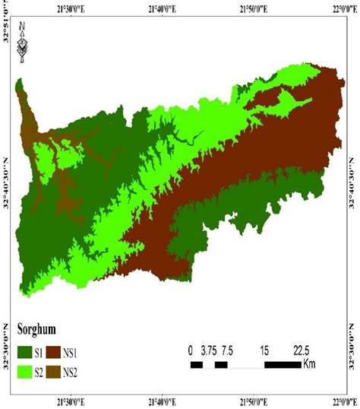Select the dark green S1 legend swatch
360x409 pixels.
25,351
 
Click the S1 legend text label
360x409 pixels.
45,351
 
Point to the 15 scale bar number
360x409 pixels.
264,350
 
